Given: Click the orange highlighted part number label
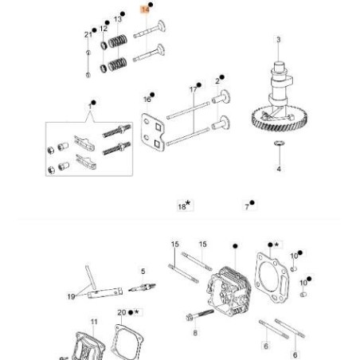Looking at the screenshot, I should click(x=144, y=9).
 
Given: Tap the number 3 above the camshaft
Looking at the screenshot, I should click(x=278, y=39).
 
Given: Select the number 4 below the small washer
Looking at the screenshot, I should click(x=278, y=170).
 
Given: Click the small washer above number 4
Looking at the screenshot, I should click(x=278, y=143).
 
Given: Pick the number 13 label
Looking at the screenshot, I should click(x=118, y=18).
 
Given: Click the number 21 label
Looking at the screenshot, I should click(x=88, y=34).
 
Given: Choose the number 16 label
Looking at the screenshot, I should click(x=147, y=99).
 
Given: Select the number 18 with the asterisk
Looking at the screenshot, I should click(x=182, y=205).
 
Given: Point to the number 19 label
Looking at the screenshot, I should click(x=71, y=296).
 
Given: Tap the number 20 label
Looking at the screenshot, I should click(x=121, y=312).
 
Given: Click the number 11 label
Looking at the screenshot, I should click(x=93, y=322).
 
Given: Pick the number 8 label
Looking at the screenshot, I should click(x=194, y=335).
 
